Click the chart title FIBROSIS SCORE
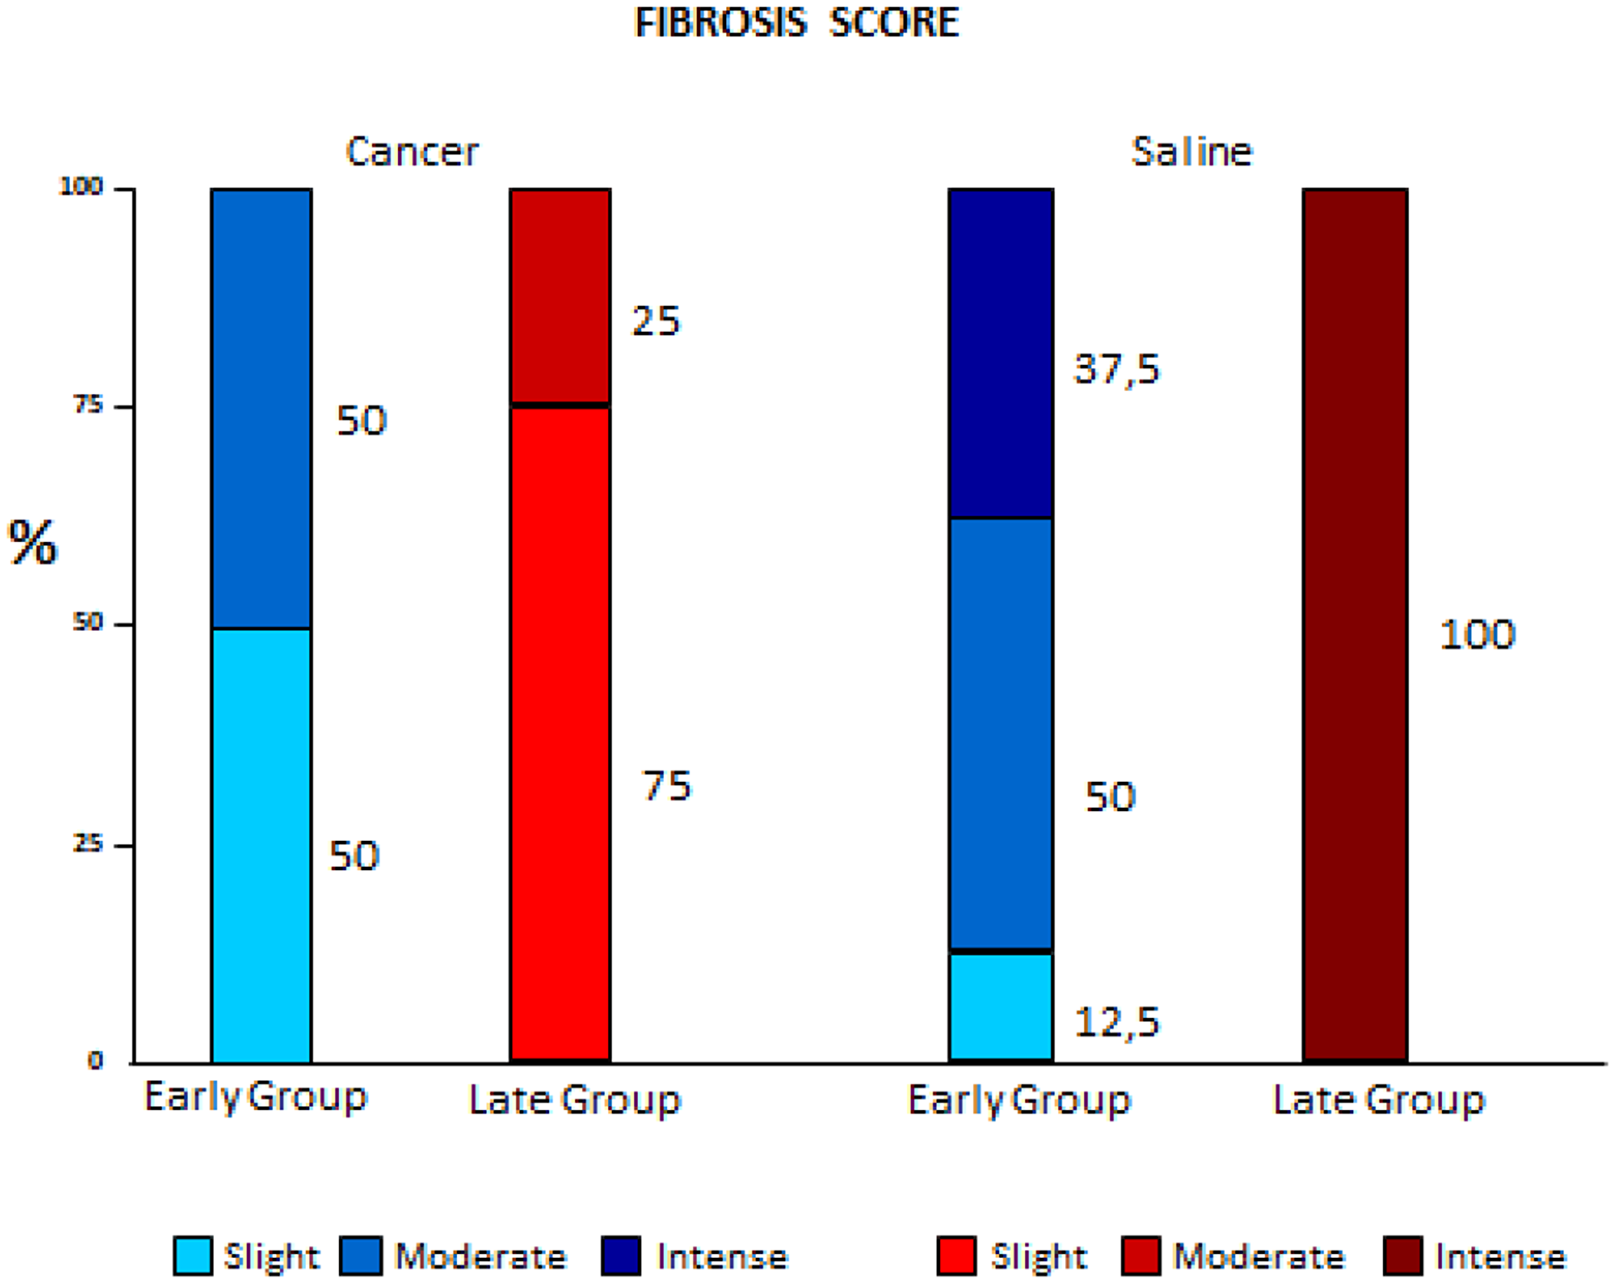(x=796, y=23)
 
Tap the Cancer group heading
(x=412, y=152)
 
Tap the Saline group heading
(x=1191, y=152)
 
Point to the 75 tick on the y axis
(x=89, y=406)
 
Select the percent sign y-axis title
(x=32, y=543)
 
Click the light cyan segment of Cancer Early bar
(x=261, y=844)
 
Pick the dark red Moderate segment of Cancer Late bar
(x=560, y=295)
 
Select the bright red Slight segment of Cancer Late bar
(x=560, y=731)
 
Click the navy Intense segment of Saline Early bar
(x=1000, y=353)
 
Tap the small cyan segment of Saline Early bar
(x=1000, y=1007)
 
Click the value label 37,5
(x=1116, y=369)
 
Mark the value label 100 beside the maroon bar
(x=1477, y=635)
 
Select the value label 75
(x=666, y=786)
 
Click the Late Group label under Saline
(x=1378, y=1100)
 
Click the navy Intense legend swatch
(x=621, y=1256)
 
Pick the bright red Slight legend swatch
(x=956, y=1256)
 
